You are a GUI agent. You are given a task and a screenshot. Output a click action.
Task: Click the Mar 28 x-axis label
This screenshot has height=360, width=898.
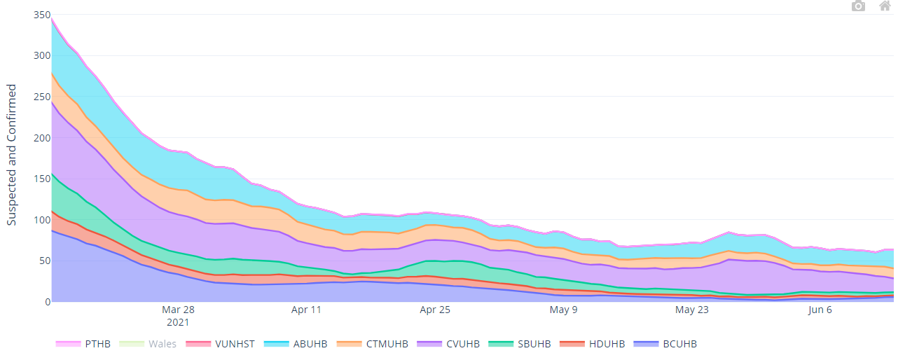pos(178,310)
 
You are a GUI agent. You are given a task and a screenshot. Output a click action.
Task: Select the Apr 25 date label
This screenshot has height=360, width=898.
pos(435,310)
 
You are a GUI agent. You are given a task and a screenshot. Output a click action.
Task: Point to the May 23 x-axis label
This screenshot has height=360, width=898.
pos(692,310)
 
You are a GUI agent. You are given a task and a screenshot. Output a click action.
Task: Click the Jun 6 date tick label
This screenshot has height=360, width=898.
pos(820,310)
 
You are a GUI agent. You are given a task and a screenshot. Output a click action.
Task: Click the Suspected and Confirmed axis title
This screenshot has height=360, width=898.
pos(11,155)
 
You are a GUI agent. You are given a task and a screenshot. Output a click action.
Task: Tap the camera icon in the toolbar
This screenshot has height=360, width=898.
pos(858,6)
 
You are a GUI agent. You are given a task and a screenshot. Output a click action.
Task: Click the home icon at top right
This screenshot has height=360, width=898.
pos(885,6)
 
